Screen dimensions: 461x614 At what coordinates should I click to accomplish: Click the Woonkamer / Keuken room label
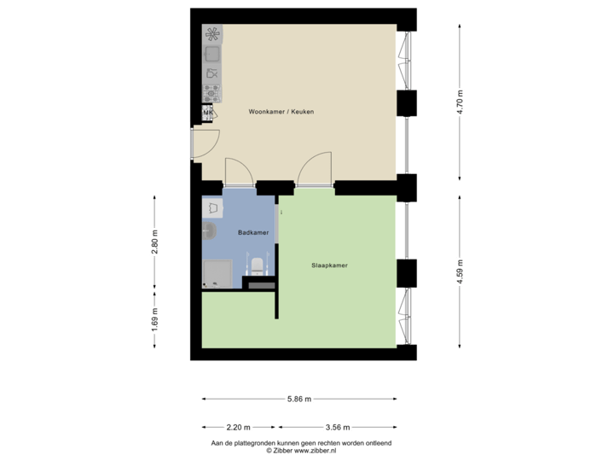click(x=275, y=112)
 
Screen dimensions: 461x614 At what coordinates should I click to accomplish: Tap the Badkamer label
click(x=254, y=232)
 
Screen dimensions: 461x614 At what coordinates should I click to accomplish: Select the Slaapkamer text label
click(x=329, y=266)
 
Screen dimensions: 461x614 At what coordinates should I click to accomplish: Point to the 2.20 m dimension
click(x=239, y=426)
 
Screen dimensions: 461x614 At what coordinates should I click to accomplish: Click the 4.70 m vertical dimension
click(x=460, y=107)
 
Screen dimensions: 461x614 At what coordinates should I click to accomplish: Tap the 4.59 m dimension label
click(x=460, y=273)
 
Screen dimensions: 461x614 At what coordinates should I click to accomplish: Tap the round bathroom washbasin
click(x=209, y=228)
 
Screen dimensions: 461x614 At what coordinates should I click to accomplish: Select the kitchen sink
click(x=211, y=55)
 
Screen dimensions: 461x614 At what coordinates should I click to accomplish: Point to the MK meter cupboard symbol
click(x=207, y=113)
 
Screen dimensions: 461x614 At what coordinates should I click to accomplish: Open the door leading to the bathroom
click(x=238, y=171)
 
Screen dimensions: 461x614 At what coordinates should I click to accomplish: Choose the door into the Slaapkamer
click(x=314, y=168)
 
